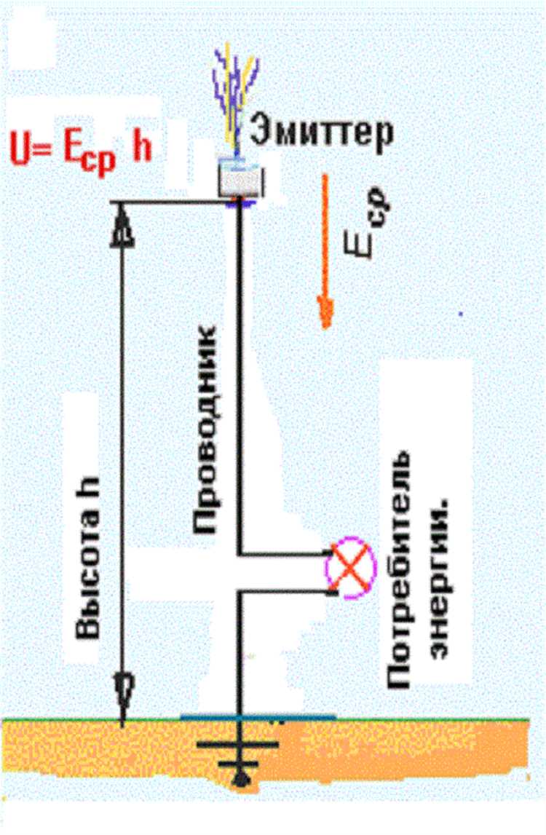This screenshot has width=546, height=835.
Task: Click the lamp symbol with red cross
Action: pos(352,568)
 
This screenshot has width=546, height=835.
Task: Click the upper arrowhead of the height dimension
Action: pos(123,226)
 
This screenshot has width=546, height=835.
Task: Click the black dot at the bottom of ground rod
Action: pos(240,783)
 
